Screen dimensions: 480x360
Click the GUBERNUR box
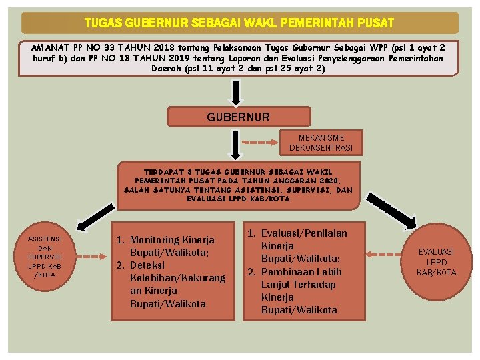click(238, 117)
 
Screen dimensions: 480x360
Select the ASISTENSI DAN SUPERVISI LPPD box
click(45, 257)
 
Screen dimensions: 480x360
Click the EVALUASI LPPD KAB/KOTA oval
click(436, 262)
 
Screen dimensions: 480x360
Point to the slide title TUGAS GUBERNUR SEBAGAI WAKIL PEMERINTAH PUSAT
click(239, 23)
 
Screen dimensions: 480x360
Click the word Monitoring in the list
click(155, 240)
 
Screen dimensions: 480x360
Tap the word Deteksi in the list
click(148, 265)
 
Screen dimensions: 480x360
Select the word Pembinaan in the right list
click(291, 272)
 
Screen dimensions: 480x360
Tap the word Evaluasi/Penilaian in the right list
click(304, 233)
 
